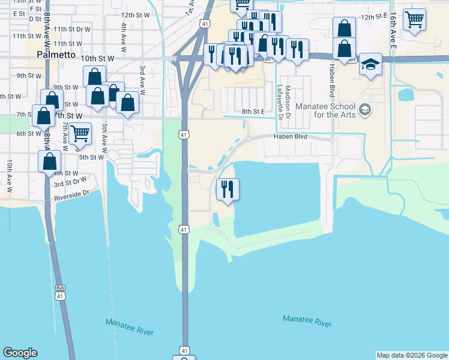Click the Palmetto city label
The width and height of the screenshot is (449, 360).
coord(56,55)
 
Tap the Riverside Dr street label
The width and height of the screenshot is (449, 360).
coord(71,194)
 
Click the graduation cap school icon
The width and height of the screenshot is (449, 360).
coord(371,64)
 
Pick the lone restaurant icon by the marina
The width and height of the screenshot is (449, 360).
coord(228,190)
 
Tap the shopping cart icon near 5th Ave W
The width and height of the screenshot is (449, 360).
coord(80,133)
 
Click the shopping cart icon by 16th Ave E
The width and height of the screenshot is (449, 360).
coord(414,19)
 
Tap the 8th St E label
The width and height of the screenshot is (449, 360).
coord(253,111)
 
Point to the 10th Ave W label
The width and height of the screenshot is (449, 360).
coord(10,176)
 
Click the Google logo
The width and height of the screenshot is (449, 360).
coord(20,353)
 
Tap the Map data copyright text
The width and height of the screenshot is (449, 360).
coord(412,355)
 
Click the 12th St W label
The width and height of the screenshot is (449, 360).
coord(135,14)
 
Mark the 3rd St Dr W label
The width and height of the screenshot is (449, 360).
coord(70,180)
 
